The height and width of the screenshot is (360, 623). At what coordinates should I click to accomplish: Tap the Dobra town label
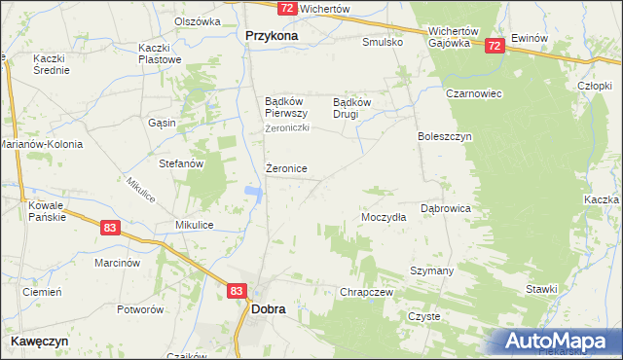(x=268, y=308)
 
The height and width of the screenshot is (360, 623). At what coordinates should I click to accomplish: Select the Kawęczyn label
(x=39, y=342)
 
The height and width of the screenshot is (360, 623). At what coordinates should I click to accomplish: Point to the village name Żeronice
(x=286, y=169)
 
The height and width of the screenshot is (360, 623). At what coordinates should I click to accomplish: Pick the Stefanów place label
(x=181, y=163)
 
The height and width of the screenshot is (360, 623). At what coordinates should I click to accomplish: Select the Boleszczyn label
(x=445, y=136)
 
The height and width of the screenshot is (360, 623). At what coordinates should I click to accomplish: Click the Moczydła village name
(x=384, y=218)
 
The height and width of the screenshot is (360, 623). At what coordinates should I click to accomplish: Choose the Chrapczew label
(x=366, y=292)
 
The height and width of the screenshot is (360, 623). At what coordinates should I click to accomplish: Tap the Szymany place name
(x=432, y=270)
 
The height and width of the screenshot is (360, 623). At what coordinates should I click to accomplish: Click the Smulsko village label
(x=383, y=43)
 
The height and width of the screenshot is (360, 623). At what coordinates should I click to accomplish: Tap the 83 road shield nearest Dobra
(x=238, y=290)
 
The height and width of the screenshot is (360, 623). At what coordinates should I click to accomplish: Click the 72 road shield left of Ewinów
(x=495, y=45)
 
